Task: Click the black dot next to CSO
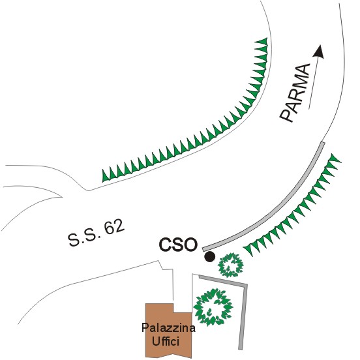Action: point(209,257)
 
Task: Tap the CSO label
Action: point(178,245)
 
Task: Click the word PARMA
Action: point(295,93)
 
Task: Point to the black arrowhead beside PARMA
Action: point(319,52)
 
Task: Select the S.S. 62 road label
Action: point(97,233)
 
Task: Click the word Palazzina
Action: point(168,327)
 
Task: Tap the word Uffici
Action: point(165,341)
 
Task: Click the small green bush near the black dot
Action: point(231,265)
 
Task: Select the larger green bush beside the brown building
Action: point(213,307)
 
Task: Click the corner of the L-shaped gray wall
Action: point(246,286)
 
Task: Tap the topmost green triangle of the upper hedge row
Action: point(263,42)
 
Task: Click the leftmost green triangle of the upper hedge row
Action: point(105,176)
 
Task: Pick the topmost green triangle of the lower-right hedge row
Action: point(335,158)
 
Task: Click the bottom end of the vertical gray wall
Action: point(240,349)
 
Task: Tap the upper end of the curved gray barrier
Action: point(323,143)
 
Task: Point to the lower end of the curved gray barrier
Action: point(204,250)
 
